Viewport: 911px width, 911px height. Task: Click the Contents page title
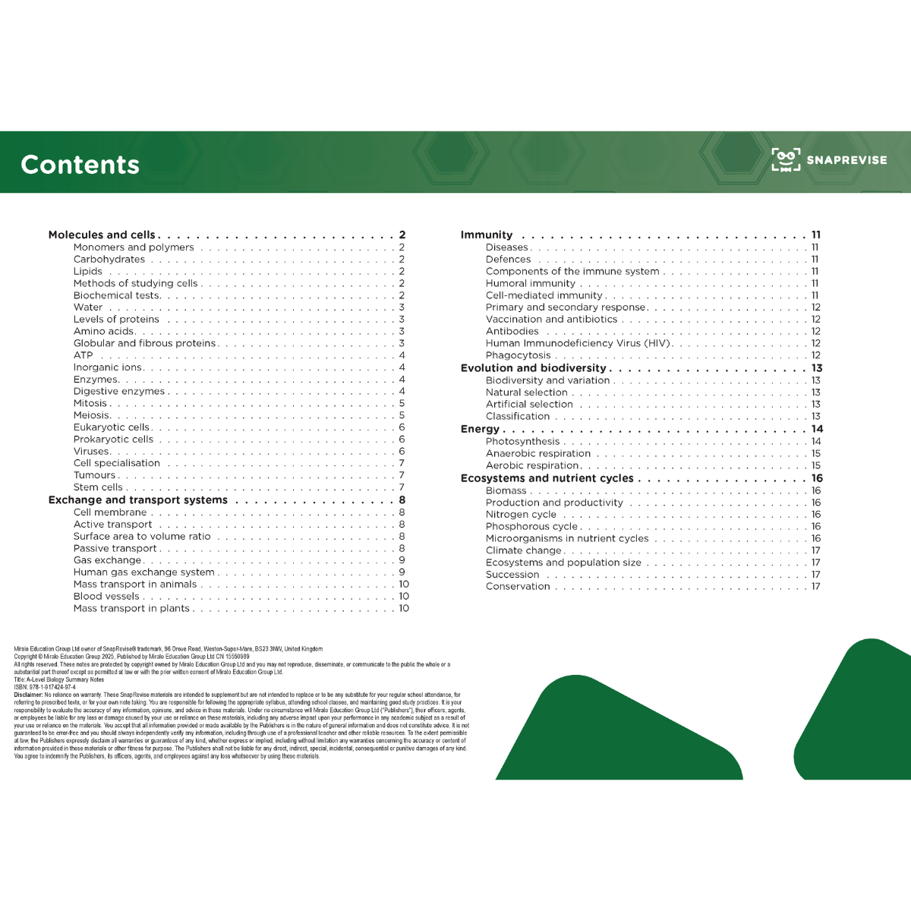tap(80, 165)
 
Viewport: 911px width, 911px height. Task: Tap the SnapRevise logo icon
tap(786, 159)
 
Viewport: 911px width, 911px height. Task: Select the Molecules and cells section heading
tap(102, 235)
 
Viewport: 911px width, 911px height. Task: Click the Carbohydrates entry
tap(109, 260)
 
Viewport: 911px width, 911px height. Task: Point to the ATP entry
tap(84, 355)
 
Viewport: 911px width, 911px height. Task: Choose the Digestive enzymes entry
tap(119, 392)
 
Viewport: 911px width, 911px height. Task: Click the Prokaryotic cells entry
tap(113, 440)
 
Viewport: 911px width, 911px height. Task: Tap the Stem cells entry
tap(98, 487)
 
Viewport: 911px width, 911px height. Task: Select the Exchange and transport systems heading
tap(138, 500)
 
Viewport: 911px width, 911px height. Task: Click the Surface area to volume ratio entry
tap(142, 537)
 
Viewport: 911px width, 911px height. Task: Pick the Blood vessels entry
tap(106, 597)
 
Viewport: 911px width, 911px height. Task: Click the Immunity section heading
tap(487, 235)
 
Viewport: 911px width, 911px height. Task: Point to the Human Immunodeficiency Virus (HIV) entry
tap(578, 343)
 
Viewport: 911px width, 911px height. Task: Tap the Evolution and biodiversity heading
tap(533, 368)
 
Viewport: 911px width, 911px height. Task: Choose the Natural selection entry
tap(527, 392)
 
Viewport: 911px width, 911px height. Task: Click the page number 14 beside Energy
tap(817, 430)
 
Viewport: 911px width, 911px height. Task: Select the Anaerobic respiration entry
tap(538, 454)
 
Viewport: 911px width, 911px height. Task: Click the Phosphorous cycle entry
tap(532, 527)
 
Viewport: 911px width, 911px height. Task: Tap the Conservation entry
tap(518, 587)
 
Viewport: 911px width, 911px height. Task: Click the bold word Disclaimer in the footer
tap(28, 695)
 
